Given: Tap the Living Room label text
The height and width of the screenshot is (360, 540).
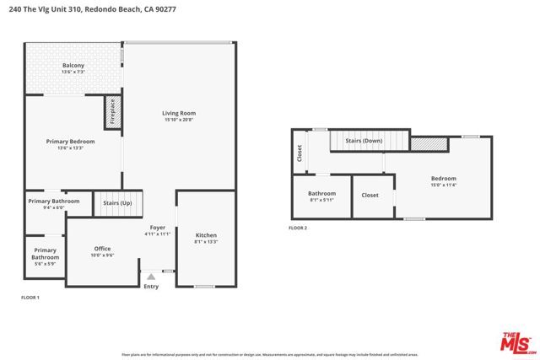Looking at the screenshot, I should pyautogui.click(x=180, y=116).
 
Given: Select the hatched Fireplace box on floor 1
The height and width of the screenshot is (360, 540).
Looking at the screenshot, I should pyautogui.click(x=116, y=111).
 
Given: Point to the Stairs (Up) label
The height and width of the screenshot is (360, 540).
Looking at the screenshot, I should pyautogui.click(x=117, y=204).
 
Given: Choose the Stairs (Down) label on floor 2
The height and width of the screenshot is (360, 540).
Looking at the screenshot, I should pyautogui.click(x=364, y=142).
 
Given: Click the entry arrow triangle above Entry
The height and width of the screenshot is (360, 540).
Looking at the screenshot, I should pyautogui.click(x=151, y=276).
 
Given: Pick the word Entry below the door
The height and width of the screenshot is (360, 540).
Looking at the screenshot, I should pyautogui.click(x=151, y=287).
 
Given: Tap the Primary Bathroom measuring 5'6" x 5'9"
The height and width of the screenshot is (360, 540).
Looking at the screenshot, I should pyautogui.click(x=46, y=254).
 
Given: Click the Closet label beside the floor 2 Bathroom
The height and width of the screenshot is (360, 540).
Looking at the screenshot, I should pyautogui.click(x=370, y=195).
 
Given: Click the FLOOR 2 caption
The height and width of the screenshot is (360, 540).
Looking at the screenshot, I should pyautogui.click(x=298, y=228).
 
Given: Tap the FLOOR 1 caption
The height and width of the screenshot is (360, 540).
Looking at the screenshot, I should pyautogui.click(x=30, y=298).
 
